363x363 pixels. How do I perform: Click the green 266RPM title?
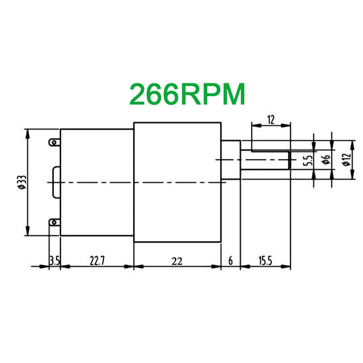click(x=187, y=94)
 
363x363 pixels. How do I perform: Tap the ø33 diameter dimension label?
click(x=22, y=183)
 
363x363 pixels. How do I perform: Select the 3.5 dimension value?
click(x=54, y=261)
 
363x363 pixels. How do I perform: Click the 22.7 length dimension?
click(x=97, y=261)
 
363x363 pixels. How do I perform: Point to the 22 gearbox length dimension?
click(x=177, y=261)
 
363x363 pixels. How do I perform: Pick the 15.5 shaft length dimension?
click(x=266, y=261)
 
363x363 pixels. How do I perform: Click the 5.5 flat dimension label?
click(x=308, y=160)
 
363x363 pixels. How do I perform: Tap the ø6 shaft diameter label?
click(x=326, y=159)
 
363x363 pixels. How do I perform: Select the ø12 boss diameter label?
click(x=347, y=160)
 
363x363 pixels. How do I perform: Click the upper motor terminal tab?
click(x=54, y=142)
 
